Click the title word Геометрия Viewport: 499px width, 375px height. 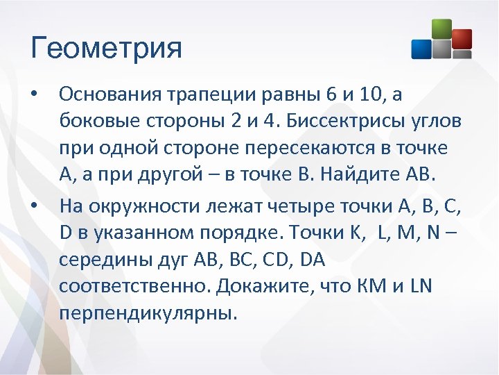(x=106, y=49)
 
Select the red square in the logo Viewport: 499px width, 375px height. (x=461, y=39)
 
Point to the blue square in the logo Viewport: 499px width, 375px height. (x=421, y=49)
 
